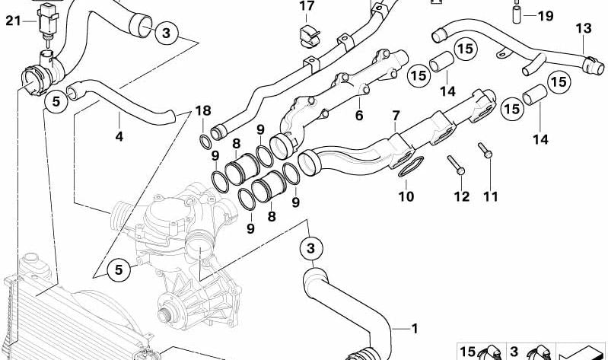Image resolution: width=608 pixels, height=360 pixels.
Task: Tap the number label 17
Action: click(x=306, y=7)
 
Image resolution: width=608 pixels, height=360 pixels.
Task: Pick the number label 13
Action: click(x=582, y=29)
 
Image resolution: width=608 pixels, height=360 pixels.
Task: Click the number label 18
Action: click(x=202, y=111)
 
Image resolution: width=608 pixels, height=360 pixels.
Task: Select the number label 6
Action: click(x=358, y=116)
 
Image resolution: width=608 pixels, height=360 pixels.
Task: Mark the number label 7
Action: click(x=395, y=116)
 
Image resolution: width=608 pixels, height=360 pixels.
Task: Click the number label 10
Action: click(x=406, y=196)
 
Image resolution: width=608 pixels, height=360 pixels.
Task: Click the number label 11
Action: click(x=490, y=196)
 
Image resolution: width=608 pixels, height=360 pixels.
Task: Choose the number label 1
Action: click(x=415, y=329)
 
